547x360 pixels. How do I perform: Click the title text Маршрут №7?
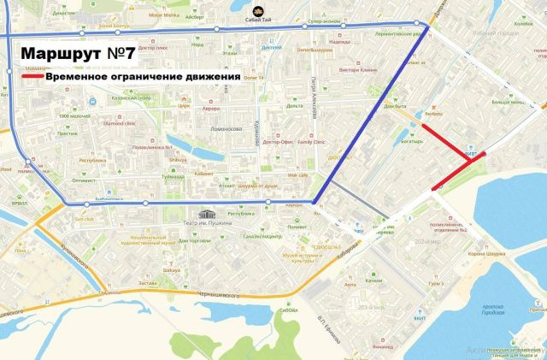point(75,53)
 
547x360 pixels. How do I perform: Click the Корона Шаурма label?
point(488,254)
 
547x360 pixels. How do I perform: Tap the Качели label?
point(373,280)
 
